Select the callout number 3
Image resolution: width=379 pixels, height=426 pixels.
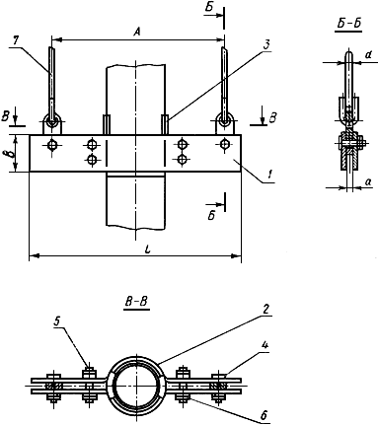coord(266,45)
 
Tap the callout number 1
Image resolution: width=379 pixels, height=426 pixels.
coord(269,177)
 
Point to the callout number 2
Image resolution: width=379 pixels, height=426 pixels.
coord(265,310)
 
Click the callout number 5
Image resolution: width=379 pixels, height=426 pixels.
coord(57,321)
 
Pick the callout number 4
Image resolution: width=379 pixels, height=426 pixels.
coord(265,347)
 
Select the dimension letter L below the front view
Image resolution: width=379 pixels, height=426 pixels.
coord(149,249)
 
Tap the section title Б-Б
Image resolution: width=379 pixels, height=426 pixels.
coord(348,25)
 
